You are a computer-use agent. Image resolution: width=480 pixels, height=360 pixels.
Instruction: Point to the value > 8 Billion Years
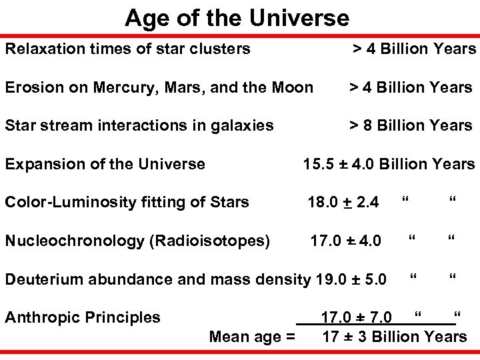click(x=412, y=125)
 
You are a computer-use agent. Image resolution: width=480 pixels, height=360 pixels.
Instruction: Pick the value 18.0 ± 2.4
click(x=343, y=202)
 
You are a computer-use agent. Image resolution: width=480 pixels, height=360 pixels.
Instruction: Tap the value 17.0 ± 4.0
click(x=345, y=241)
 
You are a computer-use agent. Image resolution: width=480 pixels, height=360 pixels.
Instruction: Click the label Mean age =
click(x=252, y=337)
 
